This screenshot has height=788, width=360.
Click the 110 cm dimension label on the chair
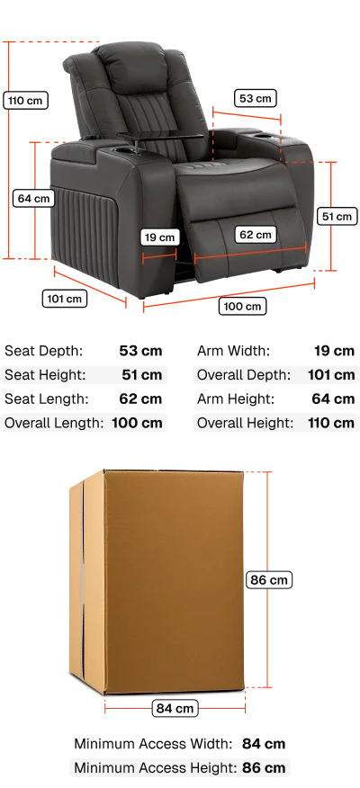(x=25, y=101)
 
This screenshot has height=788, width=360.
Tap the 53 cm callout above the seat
(x=256, y=99)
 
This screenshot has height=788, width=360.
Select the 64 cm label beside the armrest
(x=33, y=198)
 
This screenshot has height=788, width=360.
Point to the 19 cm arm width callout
(x=160, y=237)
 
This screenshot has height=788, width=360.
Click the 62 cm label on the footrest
(x=256, y=234)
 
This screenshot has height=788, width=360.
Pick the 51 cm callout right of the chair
(x=337, y=217)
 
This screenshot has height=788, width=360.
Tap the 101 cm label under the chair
(x=65, y=299)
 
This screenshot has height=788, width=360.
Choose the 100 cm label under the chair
(x=242, y=306)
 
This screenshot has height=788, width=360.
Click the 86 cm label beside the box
(x=269, y=580)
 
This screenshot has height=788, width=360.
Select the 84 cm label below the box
(x=175, y=708)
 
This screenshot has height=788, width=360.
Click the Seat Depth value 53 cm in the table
(x=140, y=351)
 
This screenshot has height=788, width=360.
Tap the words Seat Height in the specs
(x=45, y=375)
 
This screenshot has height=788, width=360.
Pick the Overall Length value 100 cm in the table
(x=138, y=423)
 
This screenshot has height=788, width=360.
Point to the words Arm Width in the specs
(x=233, y=351)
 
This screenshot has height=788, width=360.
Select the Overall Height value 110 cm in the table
(x=331, y=423)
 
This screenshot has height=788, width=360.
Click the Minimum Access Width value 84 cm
(x=264, y=744)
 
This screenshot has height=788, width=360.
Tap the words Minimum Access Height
(x=156, y=768)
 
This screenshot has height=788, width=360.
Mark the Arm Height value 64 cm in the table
(x=333, y=399)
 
